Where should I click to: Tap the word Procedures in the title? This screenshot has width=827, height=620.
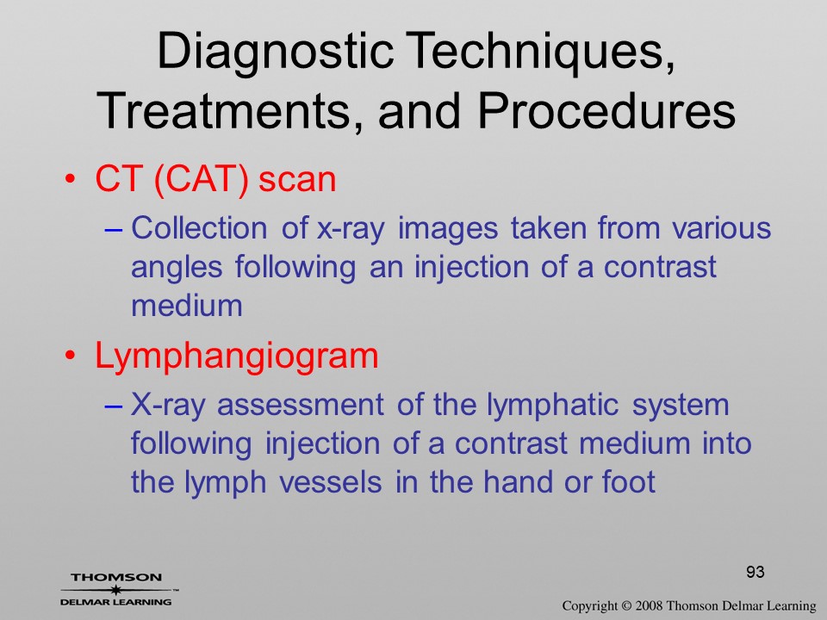pyautogui.click(x=606, y=112)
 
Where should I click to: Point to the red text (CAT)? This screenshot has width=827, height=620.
pyautogui.click(x=202, y=180)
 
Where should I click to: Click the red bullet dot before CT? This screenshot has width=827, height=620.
pyautogui.click(x=70, y=179)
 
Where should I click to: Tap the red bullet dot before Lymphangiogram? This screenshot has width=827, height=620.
pyautogui.click(x=70, y=356)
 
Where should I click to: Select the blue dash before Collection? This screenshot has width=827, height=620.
pyautogui.click(x=114, y=231)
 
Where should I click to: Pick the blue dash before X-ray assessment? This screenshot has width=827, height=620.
pyautogui.click(x=114, y=406)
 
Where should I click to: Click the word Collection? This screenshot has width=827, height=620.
pyautogui.click(x=199, y=228)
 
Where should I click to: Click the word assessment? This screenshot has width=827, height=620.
pyautogui.click(x=300, y=406)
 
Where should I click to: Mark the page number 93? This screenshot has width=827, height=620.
pyautogui.click(x=755, y=572)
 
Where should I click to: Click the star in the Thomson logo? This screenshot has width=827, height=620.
pyautogui.click(x=115, y=590)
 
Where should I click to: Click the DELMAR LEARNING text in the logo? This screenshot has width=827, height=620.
pyautogui.click(x=116, y=602)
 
